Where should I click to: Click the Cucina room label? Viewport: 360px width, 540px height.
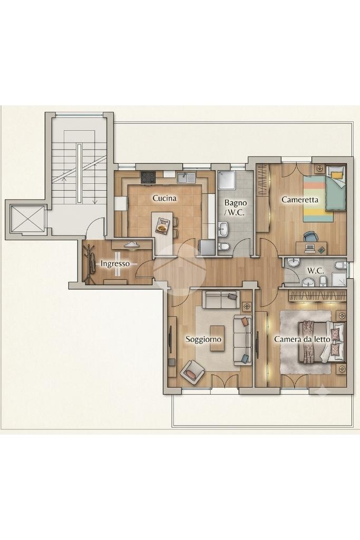(164, 198)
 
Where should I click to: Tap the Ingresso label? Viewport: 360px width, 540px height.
(115, 264)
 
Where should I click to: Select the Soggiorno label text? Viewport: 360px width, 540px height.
(203, 339)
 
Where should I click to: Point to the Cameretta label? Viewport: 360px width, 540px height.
(300, 199)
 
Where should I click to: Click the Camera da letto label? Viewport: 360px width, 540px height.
(302, 339)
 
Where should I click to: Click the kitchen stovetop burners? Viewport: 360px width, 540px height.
(148, 178)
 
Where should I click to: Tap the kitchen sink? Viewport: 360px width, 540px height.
(187, 178)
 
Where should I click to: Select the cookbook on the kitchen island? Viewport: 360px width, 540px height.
(162, 225)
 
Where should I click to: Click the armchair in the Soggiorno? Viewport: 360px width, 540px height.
(192, 372)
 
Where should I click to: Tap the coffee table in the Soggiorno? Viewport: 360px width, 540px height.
(218, 338)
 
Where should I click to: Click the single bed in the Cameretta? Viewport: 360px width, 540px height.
(324, 193)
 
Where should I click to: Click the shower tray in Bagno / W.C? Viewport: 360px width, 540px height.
(227, 180)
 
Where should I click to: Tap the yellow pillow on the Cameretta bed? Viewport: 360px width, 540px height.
(338, 174)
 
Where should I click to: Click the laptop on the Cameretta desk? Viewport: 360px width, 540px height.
(310, 247)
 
